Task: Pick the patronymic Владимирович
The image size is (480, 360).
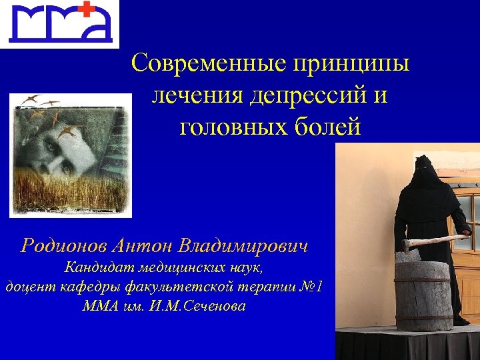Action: (244, 245)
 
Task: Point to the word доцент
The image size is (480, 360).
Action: (26, 287)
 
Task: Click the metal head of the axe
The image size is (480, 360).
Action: (407, 244)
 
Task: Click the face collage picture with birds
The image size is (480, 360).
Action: (71, 155)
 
